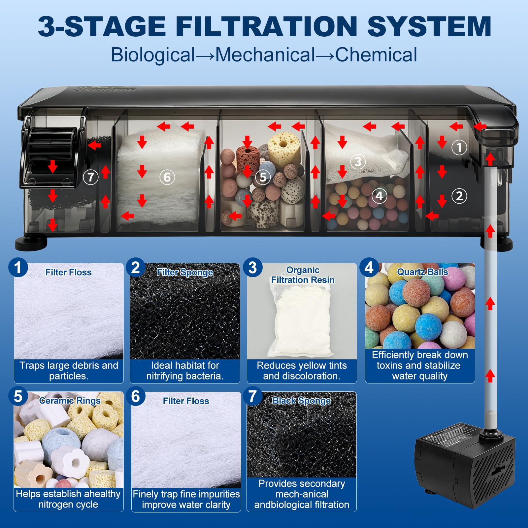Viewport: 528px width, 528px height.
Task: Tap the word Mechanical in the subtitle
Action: point(265,55)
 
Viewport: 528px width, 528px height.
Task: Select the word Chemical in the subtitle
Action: point(376,55)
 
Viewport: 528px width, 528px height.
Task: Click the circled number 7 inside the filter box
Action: point(90,177)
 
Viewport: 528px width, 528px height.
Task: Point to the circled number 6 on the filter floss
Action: point(167,177)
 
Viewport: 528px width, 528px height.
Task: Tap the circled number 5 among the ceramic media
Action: point(263,177)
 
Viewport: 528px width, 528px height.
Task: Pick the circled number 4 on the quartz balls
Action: point(379,196)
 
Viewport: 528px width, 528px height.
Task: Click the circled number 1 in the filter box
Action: point(459,147)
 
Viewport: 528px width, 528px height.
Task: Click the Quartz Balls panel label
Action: point(422,272)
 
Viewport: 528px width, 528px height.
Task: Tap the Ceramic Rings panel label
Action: point(70,401)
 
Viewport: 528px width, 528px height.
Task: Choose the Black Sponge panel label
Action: point(301,401)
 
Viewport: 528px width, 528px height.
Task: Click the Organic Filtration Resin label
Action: point(303,275)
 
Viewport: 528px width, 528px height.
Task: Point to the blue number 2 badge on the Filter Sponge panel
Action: point(136,267)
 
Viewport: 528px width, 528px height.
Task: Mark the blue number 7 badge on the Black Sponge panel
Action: point(253,396)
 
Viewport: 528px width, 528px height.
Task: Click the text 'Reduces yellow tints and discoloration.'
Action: point(302,371)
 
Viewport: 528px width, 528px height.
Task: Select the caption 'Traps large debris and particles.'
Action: point(69,371)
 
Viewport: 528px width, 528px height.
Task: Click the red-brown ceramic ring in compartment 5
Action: point(248,159)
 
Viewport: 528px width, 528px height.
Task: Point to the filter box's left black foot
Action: point(31,244)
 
